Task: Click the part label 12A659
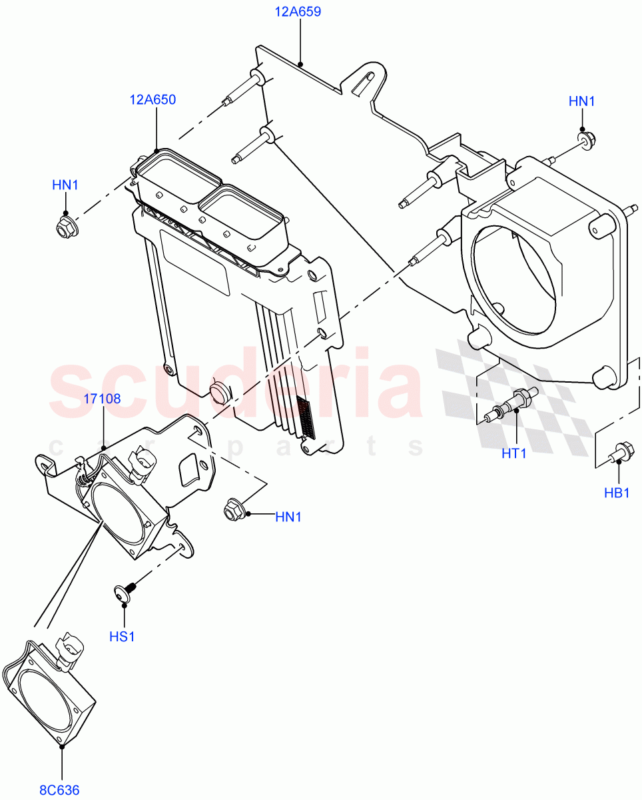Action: [x=299, y=12]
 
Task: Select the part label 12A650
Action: [x=153, y=100]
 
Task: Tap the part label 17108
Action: [x=102, y=399]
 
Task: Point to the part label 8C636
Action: [x=59, y=790]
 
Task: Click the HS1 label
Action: [x=122, y=637]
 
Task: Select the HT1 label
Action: [x=514, y=453]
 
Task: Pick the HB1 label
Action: [x=617, y=493]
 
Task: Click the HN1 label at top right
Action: [x=581, y=101]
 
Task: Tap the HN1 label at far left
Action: [x=65, y=185]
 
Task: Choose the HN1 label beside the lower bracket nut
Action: [x=288, y=516]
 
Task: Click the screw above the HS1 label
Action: [x=125, y=592]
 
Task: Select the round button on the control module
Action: [x=218, y=392]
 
